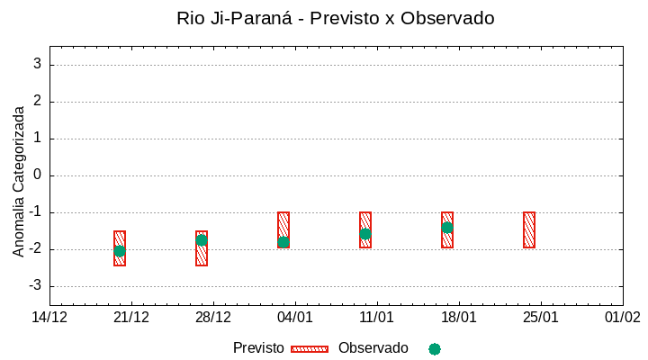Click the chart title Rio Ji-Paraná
(336, 18)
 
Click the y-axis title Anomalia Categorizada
(19, 181)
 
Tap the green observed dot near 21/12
(120, 251)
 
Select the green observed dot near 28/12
(202, 240)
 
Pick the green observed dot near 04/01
(283, 242)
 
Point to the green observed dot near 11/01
(365, 234)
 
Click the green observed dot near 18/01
(447, 228)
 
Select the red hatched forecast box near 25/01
(529, 229)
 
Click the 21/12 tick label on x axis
(132, 317)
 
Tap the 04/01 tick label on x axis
(295, 317)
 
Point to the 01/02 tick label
(622, 317)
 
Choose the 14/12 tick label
(50, 317)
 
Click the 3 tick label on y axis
(38, 64)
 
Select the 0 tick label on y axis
(38, 175)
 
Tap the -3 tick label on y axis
(35, 286)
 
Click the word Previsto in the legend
(258, 348)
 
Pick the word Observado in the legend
(373, 348)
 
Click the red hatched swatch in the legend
(310, 349)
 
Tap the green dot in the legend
(435, 349)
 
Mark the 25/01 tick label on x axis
(541, 317)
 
